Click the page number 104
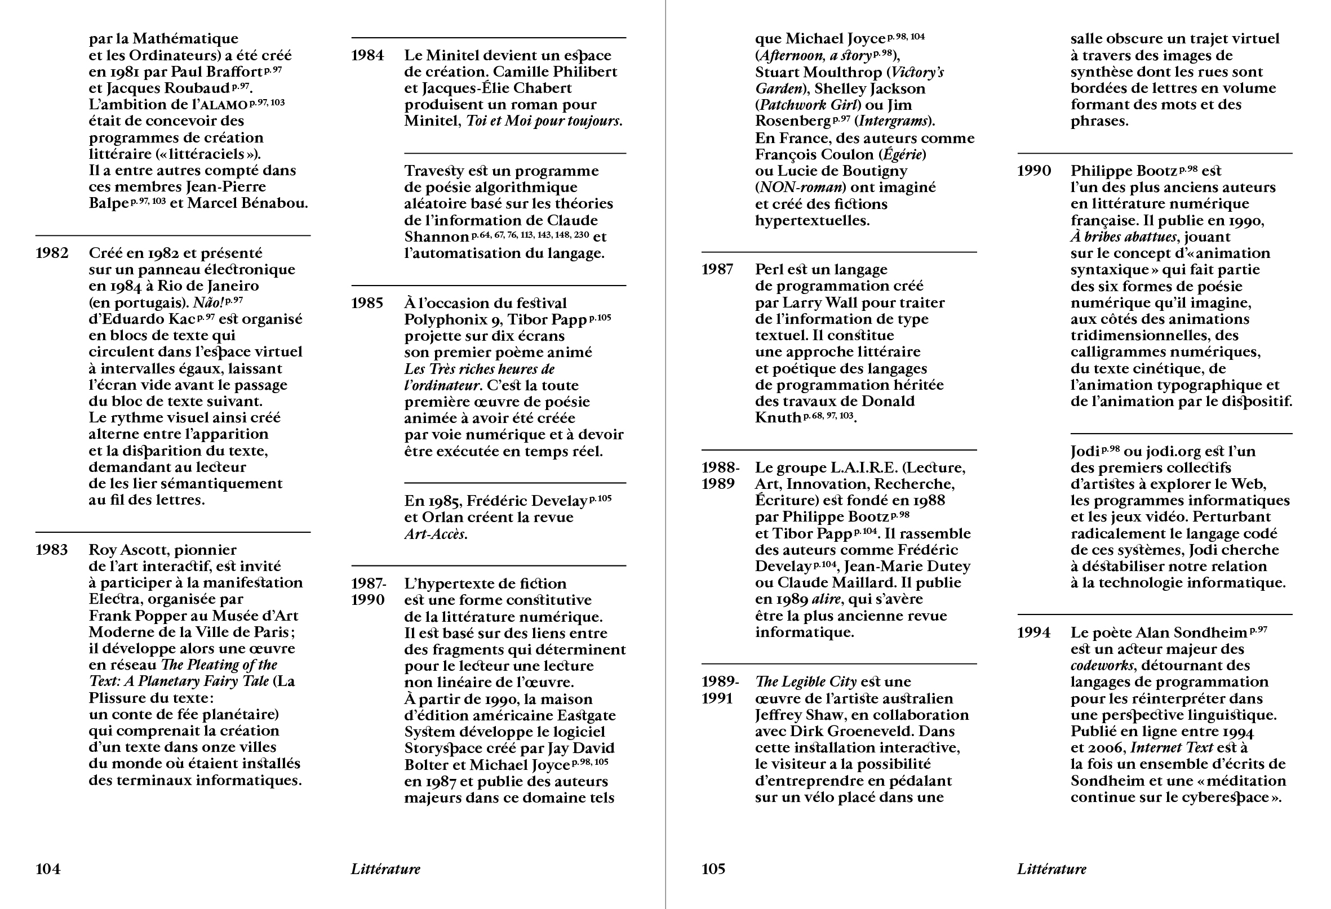(48, 869)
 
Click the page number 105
(713, 869)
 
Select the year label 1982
(52, 253)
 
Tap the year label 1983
(51, 550)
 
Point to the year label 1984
(367, 56)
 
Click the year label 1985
(367, 303)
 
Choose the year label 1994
(1034, 632)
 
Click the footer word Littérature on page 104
(385, 869)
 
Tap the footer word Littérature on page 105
(1052, 869)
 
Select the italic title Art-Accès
(436, 534)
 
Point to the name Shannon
(437, 237)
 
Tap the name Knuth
(778, 418)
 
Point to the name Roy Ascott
(130, 550)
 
